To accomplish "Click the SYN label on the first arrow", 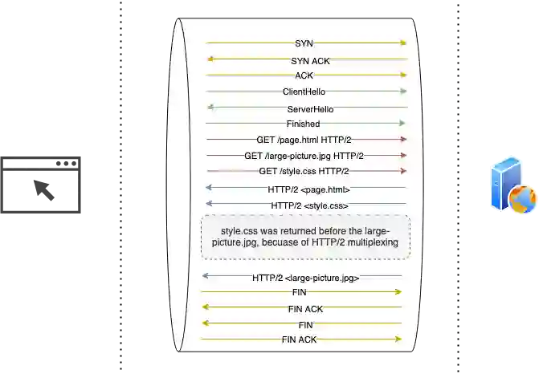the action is pos(304,43).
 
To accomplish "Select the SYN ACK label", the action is pos(310,61).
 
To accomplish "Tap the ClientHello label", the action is pos(304,91).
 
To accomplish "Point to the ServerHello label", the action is pos(310,109).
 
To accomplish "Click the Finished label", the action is pos(303,124).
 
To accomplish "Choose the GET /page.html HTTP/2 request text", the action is pos(304,140).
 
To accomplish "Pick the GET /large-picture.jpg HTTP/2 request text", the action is pos(304,156).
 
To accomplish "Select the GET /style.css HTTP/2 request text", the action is pos(304,171).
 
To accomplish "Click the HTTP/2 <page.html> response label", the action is pos(308,189).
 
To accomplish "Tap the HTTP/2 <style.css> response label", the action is pos(310,205).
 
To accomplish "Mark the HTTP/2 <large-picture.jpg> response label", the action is pos(305,278).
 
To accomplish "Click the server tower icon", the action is pos(500,185).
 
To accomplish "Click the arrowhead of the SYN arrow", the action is pos(403,43).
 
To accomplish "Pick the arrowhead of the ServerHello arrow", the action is pos(210,107).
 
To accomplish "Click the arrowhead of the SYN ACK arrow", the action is pos(210,59).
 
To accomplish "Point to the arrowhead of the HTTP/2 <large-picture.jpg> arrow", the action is pos(206,275).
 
